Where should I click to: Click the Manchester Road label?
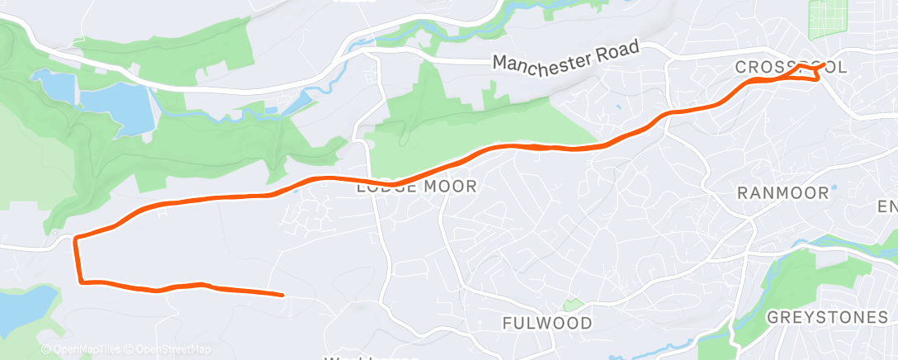pyautogui.click(x=565, y=55)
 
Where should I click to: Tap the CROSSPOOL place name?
pyautogui.click(x=790, y=68)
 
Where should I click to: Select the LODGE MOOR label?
pyautogui.click(x=417, y=187)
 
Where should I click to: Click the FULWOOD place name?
pyautogui.click(x=547, y=323)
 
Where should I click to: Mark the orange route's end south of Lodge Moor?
pyautogui.click(x=282, y=294)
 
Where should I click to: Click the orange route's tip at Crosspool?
pyautogui.click(x=823, y=64)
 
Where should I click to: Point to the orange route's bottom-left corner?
pyautogui.click(x=82, y=282)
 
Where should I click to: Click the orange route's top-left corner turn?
pyautogui.click(x=76, y=239)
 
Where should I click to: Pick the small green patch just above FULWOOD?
pyautogui.click(x=567, y=306)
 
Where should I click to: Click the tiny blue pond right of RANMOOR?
pyautogui.click(x=834, y=187)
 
